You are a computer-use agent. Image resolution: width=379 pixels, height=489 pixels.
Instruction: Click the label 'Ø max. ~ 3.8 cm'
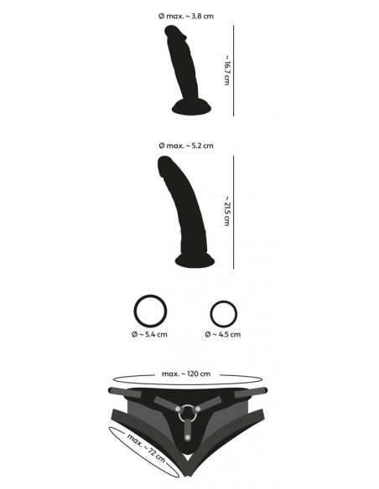coord(184,15)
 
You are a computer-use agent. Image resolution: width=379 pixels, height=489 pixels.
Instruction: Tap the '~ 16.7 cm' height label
coord(228,71)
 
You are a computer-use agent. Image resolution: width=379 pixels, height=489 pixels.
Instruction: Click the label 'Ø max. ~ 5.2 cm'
coord(184,146)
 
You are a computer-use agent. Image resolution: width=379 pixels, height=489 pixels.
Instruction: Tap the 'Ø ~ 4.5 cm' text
coord(222,334)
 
